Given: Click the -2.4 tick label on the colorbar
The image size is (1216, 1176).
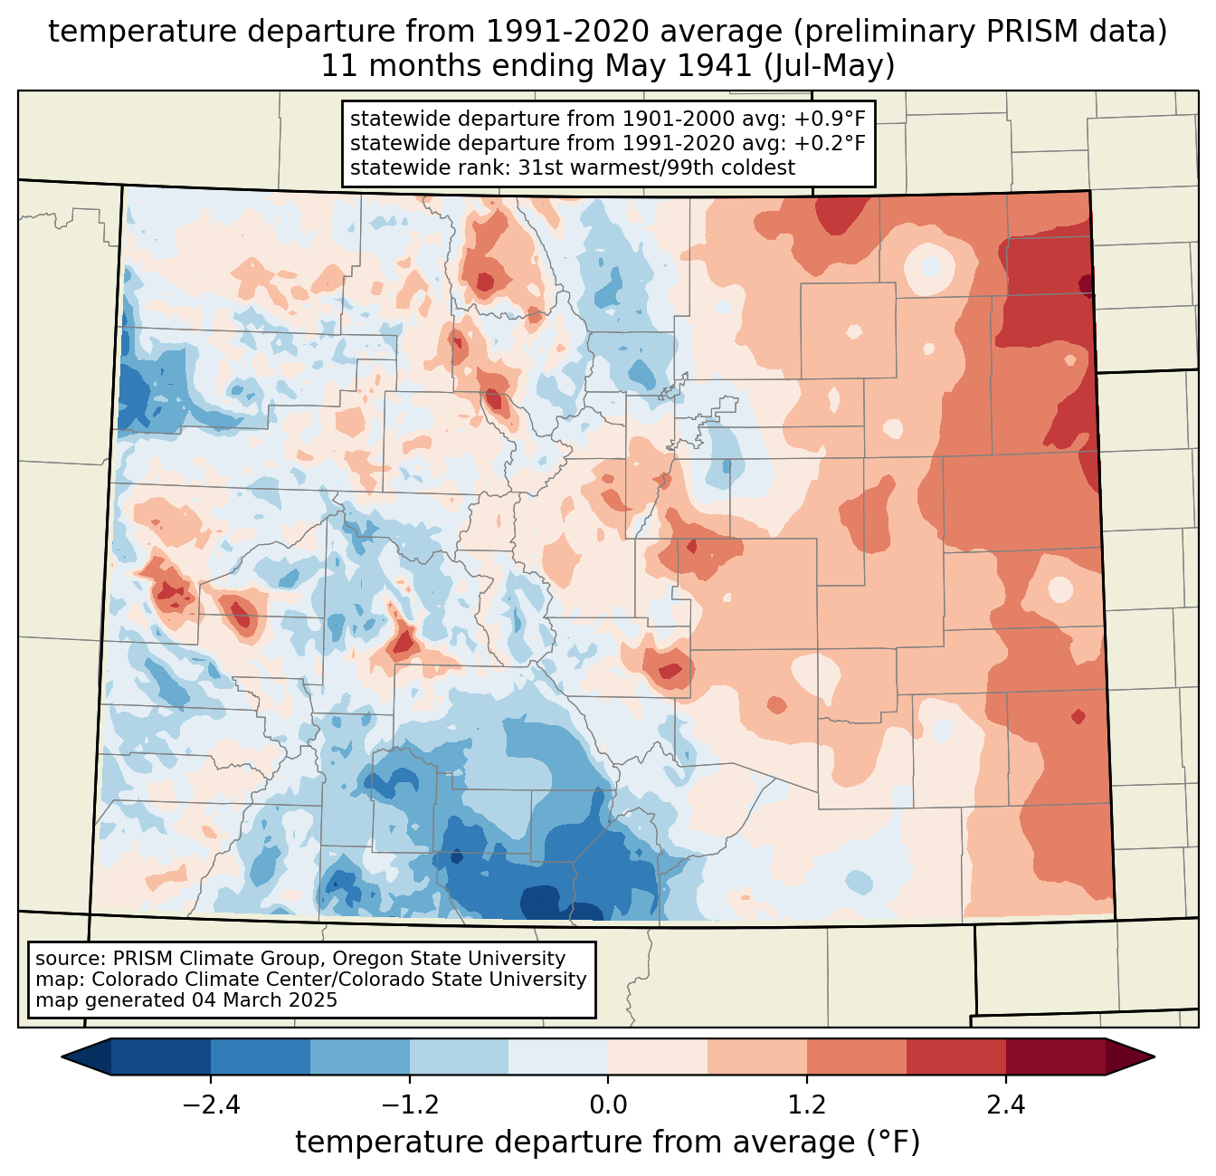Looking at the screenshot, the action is click(211, 1105).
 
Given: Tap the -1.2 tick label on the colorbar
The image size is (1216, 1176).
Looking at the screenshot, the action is click(409, 1105).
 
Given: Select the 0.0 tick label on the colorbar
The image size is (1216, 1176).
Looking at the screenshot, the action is click(608, 1105).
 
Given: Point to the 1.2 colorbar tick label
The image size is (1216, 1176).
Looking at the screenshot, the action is click(807, 1105).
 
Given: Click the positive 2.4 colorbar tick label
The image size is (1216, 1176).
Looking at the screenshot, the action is click(1005, 1105).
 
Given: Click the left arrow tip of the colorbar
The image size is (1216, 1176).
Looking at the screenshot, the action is click(62, 1056).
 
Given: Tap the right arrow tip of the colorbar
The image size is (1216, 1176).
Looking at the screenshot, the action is click(1154, 1056).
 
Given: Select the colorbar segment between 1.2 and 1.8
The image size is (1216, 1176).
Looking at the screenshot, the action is click(857, 1056).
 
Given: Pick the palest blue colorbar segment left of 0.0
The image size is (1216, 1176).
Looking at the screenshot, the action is click(558, 1056).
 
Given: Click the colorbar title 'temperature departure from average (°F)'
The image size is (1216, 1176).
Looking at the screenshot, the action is click(607, 1142).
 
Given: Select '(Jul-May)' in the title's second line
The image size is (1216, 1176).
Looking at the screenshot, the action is click(829, 66).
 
